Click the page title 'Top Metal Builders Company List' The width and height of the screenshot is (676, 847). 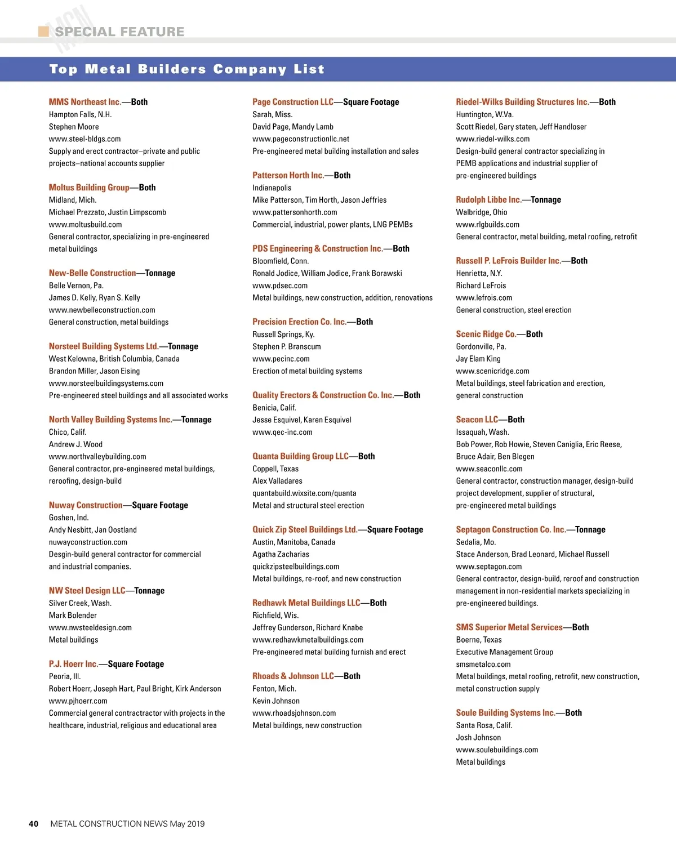tap(186, 69)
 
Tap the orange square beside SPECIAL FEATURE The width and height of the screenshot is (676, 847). tap(43, 31)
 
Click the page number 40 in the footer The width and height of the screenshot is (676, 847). tap(34, 823)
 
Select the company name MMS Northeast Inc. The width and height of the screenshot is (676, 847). tap(85, 102)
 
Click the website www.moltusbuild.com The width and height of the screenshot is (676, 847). tap(85, 224)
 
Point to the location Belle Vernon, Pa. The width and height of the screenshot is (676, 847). tap(76, 286)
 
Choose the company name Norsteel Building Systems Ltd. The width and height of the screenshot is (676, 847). tap(104, 346)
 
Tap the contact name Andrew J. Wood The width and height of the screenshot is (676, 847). tap(75, 444)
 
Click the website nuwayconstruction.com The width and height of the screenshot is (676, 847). tap(88, 542)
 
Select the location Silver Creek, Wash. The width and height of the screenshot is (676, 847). tap(80, 603)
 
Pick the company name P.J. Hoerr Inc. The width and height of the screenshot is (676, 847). tap(73, 664)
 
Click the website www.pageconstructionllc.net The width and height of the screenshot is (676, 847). tap(301, 139)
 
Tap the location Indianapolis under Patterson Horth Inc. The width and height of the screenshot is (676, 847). tap(272, 188)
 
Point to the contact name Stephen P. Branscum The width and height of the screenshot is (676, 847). tap(287, 346)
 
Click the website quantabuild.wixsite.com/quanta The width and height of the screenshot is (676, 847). tap(304, 493)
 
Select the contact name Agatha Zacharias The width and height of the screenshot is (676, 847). tap(281, 554)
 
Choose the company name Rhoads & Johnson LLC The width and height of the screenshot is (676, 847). tap(293, 676)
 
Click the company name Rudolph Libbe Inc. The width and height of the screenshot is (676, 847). tap(488, 200)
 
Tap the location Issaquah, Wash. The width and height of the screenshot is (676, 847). tap(482, 432)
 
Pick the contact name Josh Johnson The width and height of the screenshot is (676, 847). tap(478, 737)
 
